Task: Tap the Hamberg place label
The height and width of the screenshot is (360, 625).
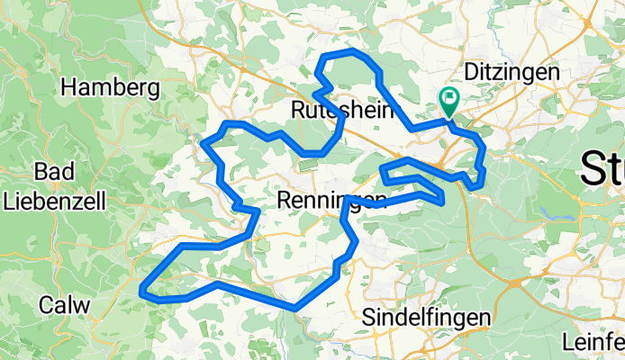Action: pos(111,87)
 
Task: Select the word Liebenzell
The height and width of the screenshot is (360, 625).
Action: pos(56,200)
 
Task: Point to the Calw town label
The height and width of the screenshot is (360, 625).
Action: pos(64,304)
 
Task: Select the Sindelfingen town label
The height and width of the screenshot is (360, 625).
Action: pos(426,318)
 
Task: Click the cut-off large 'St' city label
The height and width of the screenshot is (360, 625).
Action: pos(602,168)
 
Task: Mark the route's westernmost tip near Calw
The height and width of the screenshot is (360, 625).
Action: pos(143,289)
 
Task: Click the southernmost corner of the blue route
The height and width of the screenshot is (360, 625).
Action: pos(294,309)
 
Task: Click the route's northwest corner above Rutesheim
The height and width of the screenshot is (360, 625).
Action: pos(324,58)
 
